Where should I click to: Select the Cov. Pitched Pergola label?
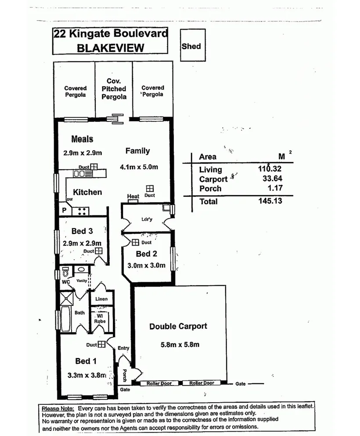114,89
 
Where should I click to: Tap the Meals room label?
83,139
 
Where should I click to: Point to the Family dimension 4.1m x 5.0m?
139,167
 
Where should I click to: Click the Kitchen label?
87,192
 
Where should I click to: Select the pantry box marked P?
64,211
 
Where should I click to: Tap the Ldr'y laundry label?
147,219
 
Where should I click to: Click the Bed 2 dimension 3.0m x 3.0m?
146,265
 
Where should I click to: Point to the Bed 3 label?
82,231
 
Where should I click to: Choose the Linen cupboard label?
101,299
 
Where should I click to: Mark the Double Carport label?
178,326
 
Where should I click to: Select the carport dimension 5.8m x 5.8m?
180,345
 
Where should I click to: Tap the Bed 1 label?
86,361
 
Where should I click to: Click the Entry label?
123,348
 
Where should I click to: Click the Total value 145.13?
270,201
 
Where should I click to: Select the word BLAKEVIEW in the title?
110,48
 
